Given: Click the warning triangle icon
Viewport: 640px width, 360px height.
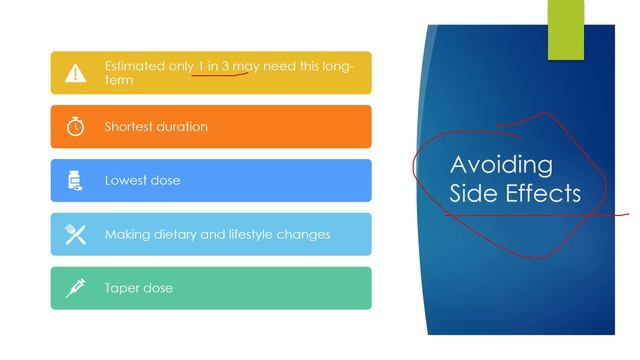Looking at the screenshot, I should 76,73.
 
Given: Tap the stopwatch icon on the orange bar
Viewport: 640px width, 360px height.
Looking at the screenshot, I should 76,127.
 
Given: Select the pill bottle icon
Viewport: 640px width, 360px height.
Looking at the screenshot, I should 75,181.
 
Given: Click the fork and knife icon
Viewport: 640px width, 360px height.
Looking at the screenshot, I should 76,235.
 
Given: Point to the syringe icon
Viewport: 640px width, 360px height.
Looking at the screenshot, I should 76,288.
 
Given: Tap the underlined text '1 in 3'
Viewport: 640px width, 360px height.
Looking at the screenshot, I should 214,66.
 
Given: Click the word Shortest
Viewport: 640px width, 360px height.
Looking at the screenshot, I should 130,127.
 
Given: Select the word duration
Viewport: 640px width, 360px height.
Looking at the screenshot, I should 183,127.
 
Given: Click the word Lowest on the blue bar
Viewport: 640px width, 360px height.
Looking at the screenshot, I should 126,181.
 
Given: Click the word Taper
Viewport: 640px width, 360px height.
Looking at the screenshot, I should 123,288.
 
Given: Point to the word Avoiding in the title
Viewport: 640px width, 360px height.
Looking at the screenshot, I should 501,165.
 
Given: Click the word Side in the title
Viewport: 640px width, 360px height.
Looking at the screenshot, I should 471,193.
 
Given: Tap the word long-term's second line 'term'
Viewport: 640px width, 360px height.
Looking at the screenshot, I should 118,80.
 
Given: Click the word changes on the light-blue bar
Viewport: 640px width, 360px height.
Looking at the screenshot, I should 308,235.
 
